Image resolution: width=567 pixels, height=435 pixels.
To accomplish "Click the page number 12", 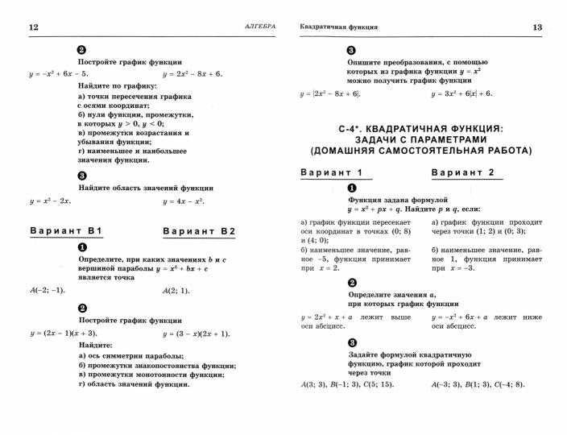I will (x=33, y=27).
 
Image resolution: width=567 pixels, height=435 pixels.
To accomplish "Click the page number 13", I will (x=537, y=27).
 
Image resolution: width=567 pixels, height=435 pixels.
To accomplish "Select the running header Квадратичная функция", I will (x=338, y=27).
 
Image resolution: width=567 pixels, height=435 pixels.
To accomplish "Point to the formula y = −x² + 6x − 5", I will (x=58, y=74).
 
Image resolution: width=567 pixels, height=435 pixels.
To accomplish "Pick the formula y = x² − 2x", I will (x=51, y=201).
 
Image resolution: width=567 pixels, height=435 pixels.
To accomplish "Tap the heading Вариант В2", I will (x=199, y=232).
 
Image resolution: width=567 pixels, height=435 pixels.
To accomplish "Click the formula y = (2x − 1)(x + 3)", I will (x=64, y=333).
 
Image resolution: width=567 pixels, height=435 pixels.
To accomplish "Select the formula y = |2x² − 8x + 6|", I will (x=331, y=93).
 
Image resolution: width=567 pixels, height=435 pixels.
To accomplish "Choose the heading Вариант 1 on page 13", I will (x=331, y=173).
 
